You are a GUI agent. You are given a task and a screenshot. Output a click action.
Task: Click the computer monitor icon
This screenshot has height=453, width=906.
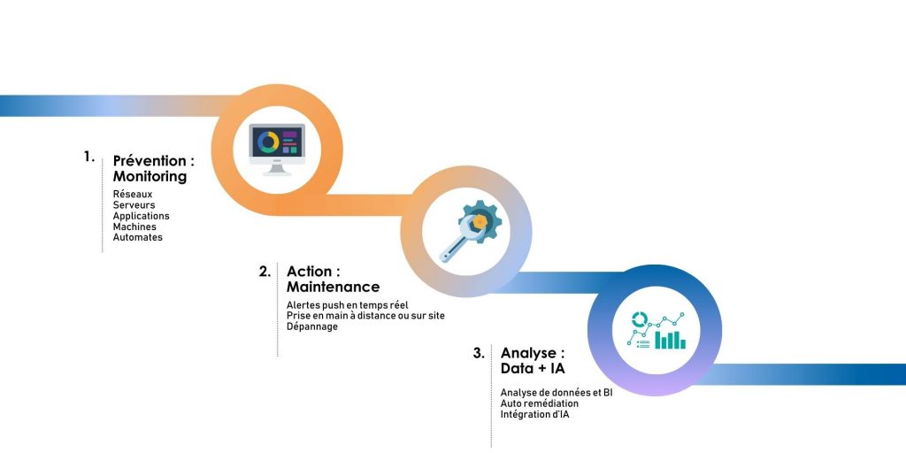(x=277, y=149)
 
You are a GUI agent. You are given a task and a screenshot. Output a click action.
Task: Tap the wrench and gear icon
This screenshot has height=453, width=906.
(x=470, y=231)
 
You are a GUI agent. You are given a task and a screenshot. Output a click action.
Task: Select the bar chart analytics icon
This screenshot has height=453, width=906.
(x=656, y=331)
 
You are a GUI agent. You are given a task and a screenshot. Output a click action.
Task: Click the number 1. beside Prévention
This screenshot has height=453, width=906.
(x=88, y=157)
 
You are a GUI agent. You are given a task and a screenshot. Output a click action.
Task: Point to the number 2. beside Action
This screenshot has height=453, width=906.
(x=265, y=272)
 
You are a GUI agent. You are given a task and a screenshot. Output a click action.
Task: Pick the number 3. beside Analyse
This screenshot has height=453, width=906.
(x=479, y=353)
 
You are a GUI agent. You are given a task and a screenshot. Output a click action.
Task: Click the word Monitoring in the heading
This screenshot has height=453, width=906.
(x=150, y=177)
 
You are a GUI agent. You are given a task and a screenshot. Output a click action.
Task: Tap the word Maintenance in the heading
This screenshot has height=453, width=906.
(x=334, y=287)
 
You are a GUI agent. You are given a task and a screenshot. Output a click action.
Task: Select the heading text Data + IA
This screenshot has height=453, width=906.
(x=533, y=368)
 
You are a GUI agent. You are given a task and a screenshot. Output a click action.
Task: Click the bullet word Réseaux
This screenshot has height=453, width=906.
(x=133, y=194)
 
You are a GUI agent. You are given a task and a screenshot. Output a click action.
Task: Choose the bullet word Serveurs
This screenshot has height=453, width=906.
(x=134, y=205)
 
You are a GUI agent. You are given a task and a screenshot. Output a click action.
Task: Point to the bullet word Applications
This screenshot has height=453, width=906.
(x=141, y=216)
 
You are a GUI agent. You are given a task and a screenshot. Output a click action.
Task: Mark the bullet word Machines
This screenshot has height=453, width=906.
(x=134, y=226)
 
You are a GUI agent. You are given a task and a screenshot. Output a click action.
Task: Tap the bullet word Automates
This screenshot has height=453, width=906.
(x=137, y=237)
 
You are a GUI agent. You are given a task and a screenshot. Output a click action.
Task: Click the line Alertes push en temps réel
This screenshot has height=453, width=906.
(x=347, y=305)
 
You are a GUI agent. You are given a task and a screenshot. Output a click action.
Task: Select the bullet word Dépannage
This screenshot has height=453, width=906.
(x=312, y=327)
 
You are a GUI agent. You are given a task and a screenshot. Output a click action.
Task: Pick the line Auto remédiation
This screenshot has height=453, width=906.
(x=539, y=403)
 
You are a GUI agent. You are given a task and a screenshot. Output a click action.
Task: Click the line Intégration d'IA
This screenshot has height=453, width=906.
(x=534, y=414)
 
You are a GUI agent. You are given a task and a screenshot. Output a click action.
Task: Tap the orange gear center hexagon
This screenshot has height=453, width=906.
(x=479, y=220)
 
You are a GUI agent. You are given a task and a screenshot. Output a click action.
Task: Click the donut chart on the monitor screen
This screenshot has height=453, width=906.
(x=268, y=142)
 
